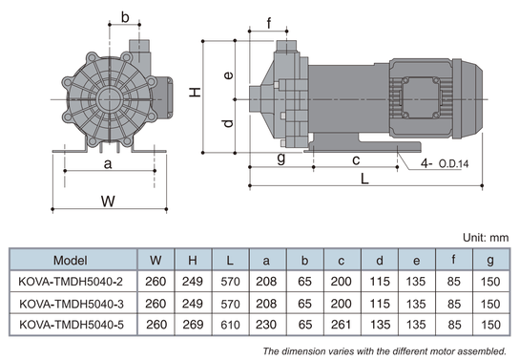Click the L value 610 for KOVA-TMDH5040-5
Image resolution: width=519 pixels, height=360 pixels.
(x=230, y=325)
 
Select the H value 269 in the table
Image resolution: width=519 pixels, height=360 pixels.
(x=193, y=325)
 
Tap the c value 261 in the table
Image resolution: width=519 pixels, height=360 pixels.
(x=341, y=325)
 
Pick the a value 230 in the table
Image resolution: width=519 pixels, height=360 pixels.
(x=266, y=325)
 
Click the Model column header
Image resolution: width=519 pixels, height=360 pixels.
(x=71, y=261)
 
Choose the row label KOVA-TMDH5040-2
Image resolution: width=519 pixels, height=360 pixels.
(x=71, y=282)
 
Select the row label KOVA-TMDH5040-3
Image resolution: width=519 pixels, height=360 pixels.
(x=72, y=304)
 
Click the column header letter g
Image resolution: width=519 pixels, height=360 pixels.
(x=490, y=261)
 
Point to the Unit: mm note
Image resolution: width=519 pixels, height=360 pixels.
(x=486, y=238)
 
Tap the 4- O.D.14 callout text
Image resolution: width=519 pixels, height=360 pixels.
(x=445, y=163)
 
